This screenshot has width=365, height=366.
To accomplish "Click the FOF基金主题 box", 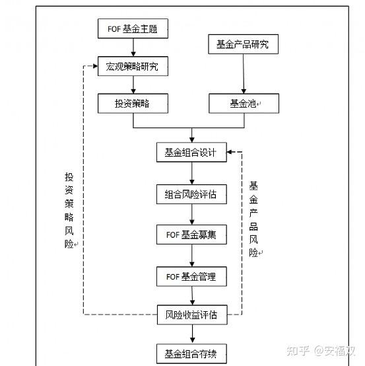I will coord(133,28).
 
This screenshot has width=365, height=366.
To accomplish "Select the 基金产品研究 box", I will coord(242,45).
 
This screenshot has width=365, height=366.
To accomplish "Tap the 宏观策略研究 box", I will coord(133,66).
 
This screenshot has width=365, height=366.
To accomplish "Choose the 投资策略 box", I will coord(133,103).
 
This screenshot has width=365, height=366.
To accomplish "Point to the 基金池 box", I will coord(244,103).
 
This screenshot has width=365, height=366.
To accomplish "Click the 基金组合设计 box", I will coord(191,152).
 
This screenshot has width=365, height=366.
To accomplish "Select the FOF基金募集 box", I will coord(191,235).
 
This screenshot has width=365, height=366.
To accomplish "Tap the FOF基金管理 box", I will coord(191,276).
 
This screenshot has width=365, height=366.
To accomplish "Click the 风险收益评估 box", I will coord(191,314).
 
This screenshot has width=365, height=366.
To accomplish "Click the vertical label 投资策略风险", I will coord(69,209).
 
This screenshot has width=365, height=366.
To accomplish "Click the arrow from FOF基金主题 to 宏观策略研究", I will coord(133,46).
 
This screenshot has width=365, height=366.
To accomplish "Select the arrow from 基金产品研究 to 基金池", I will coord(243,74).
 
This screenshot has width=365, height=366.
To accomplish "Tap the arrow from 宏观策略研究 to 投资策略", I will coord(133,85).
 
